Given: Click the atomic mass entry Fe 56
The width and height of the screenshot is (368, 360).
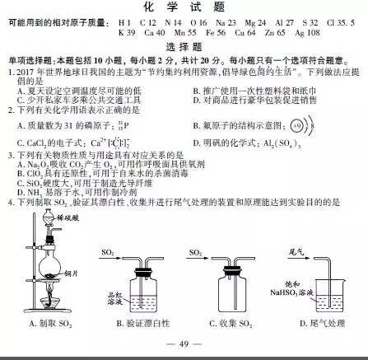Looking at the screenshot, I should [218, 34].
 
